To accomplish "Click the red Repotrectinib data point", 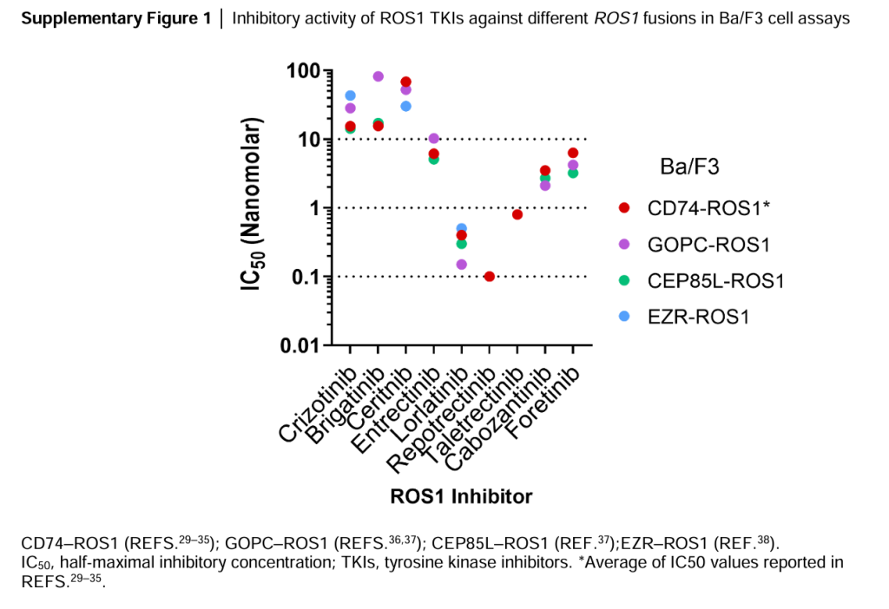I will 489,276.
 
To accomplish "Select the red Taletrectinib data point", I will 517,214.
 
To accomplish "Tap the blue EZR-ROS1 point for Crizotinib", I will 350,95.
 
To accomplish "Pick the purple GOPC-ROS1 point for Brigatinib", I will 378,76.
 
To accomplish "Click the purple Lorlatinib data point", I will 461,265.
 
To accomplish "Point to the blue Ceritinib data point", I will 405,106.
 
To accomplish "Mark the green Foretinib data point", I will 572,173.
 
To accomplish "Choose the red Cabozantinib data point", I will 544,170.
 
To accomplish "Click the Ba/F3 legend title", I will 689,165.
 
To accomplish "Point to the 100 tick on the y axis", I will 304,70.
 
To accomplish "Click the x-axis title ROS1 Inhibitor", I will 461,497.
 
